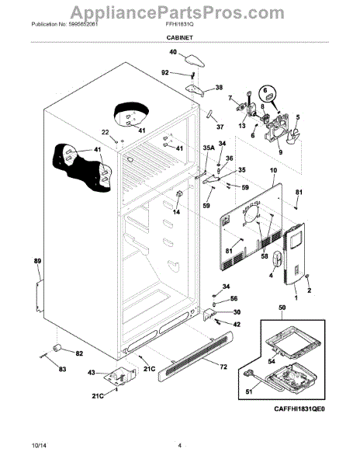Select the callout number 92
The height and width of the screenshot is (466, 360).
pyautogui.click(x=164, y=72)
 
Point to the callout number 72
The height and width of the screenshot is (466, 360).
pyautogui.click(x=223, y=366)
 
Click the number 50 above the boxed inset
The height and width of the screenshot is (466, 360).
pyautogui.click(x=280, y=309)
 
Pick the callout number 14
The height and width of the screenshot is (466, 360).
pyautogui.click(x=176, y=211)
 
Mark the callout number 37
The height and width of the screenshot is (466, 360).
pyautogui.click(x=219, y=127)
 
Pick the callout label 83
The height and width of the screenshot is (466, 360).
pyautogui.click(x=61, y=367)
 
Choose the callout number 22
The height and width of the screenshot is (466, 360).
pyautogui.click(x=105, y=132)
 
